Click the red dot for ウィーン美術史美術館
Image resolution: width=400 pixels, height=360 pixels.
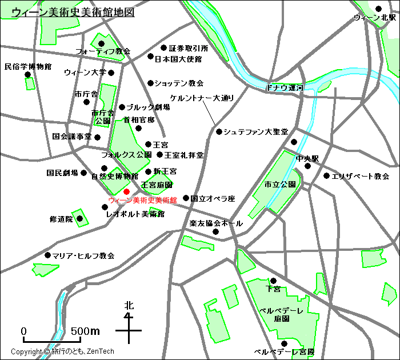click(x=126, y=191)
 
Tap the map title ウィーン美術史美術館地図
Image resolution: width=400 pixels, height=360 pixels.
click(x=73, y=12)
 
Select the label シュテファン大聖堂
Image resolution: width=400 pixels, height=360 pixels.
click(x=255, y=131)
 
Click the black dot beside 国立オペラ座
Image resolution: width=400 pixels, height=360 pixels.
click(x=186, y=198)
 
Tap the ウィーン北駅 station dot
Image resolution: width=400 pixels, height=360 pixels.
click(x=378, y=9)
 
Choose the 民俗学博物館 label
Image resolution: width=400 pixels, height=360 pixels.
click(x=28, y=66)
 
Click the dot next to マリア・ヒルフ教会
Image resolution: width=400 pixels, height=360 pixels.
click(x=47, y=255)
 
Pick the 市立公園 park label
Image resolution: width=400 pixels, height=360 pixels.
click(x=280, y=185)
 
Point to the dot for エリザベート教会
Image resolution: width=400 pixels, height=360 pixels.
click(x=326, y=176)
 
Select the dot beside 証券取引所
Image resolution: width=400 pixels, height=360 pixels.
click(x=163, y=48)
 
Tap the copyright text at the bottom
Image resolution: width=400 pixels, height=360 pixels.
click(x=63, y=351)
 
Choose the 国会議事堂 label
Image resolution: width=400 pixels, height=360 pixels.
click(x=72, y=137)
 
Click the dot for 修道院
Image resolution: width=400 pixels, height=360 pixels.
click(x=80, y=218)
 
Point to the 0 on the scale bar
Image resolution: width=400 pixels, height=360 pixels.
click(x=24, y=331)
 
